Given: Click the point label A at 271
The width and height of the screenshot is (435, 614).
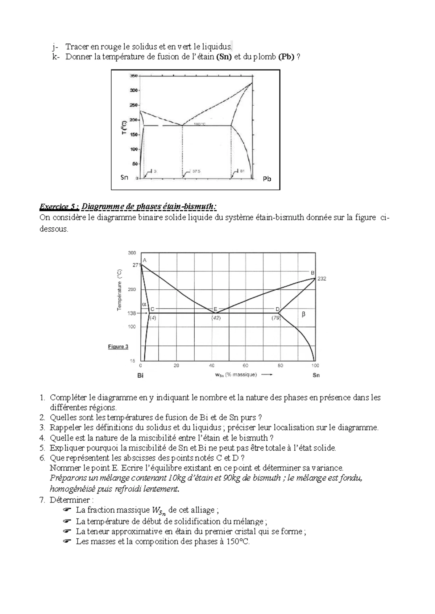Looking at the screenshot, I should (144, 260).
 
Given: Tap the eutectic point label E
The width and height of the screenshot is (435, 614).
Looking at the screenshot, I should (215, 309).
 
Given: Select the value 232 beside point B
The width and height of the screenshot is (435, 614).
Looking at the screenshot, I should (322, 279).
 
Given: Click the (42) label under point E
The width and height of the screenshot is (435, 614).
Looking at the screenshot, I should (216, 318).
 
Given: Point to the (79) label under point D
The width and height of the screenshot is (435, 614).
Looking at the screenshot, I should (276, 318).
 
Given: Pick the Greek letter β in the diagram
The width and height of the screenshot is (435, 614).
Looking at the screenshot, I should (303, 314).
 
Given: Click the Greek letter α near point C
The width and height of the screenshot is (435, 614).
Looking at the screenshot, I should (144, 304).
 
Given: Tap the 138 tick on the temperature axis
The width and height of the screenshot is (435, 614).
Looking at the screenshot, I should (131, 314).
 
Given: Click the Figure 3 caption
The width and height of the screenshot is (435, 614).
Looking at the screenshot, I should (118, 347).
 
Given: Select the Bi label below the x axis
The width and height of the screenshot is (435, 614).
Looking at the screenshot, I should (140, 375).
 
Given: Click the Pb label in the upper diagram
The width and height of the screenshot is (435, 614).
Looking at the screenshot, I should (267, 179).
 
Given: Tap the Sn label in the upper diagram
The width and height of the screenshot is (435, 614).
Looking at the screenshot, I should (124, 177).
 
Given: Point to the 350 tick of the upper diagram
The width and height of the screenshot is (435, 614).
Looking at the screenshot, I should (133, 76).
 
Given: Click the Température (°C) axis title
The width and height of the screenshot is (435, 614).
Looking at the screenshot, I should (120, 290).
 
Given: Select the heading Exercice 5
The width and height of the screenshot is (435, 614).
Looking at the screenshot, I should (59, 207).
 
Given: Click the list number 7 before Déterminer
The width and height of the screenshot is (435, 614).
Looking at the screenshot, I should (42, 500).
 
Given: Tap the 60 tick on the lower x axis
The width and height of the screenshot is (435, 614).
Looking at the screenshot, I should (246, 366).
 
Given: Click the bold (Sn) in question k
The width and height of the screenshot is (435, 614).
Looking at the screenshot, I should (224, 57).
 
